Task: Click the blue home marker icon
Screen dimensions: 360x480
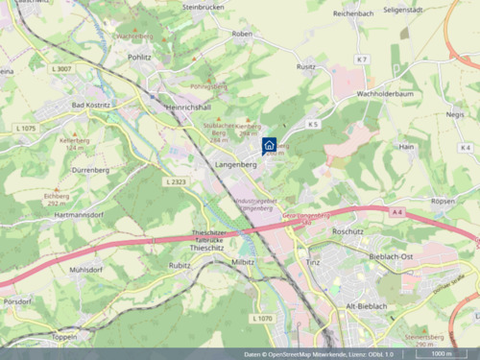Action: [270, 145]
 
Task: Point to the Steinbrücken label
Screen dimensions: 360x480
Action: [203, 8]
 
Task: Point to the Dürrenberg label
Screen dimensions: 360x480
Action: [91, 169]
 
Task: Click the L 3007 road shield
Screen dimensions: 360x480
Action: [57, 69]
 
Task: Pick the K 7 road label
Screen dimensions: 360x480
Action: [361, 60]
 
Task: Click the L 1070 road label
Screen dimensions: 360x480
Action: [262, 318]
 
